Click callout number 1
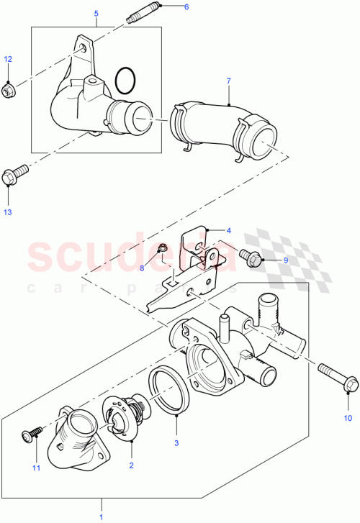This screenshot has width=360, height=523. click(x=101, y=516)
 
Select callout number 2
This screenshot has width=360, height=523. click(x=130, y=466)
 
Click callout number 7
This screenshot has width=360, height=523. click(x=229, y=82)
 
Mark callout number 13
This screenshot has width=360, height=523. click(x=8, y=212)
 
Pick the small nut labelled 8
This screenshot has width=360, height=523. click(x=162, y=250)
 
